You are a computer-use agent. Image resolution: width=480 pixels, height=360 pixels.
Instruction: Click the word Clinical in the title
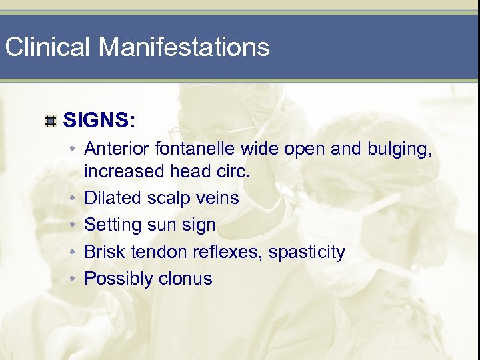[x=46, y=47]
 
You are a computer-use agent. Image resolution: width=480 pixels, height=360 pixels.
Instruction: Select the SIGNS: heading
[x=99, y=121]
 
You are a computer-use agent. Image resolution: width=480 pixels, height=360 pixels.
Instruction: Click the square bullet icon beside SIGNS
[x=50, y=121]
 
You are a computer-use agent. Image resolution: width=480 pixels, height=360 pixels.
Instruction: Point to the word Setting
[x=111, y=225]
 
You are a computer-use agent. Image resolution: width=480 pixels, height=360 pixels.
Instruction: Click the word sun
[x=159, y=225]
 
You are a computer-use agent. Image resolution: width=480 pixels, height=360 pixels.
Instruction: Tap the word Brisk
[x=104, y=252]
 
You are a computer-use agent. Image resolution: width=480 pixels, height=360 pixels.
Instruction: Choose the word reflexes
[x=223, y=252]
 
